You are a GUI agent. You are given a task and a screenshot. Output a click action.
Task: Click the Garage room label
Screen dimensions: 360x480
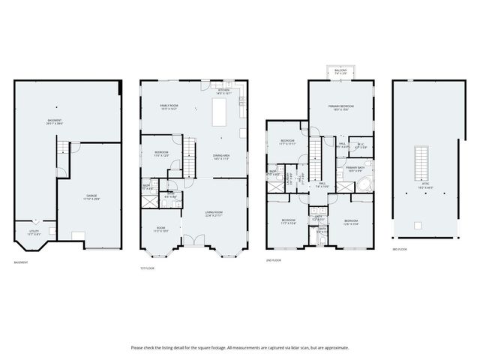click(91, 197)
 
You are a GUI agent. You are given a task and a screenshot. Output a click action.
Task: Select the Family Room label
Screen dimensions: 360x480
click(168, 106)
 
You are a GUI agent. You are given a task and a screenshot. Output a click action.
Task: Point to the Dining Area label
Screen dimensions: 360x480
click(221, 156)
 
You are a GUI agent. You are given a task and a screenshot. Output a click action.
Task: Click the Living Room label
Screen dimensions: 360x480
click(214, 214)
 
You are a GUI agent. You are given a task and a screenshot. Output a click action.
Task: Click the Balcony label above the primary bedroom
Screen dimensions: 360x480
click(341, 72)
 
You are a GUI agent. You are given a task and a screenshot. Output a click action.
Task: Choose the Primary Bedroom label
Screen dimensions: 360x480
click(340, 108)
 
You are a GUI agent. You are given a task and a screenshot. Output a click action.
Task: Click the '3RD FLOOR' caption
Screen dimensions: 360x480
click(400, 250)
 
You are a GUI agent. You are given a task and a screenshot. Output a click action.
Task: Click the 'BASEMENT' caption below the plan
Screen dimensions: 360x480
click(22, 262)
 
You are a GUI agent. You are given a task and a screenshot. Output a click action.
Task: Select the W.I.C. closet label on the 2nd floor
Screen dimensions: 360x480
click(361, 145)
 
